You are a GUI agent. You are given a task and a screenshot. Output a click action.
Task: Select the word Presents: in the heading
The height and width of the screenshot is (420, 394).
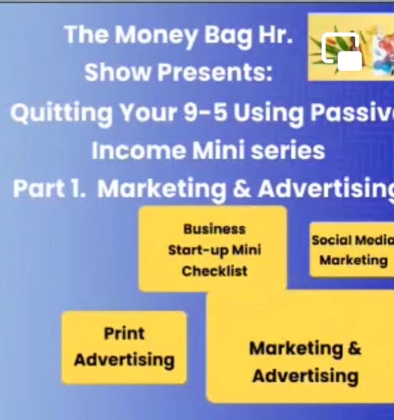click(x=214, y=72)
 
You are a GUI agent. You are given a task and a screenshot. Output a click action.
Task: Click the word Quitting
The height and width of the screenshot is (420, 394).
click(x=62, y=113)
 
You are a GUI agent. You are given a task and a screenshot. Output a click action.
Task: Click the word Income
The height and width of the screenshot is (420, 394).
click(x=138, y=150)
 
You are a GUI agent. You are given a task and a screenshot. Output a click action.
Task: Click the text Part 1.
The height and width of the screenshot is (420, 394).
click(x=49, y=188)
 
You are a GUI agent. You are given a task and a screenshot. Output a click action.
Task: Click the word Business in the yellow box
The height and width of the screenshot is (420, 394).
click(x=214, y=229)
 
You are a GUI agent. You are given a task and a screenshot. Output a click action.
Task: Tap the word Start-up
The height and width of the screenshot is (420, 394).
click(x=198, y=251)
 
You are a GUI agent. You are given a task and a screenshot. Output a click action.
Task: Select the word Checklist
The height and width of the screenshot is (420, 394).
click(x=214, y=271)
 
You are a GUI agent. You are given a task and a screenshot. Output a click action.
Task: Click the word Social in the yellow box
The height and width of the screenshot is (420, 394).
click(x=332, y=240)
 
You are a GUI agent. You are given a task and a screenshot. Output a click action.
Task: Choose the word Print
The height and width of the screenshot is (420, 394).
click(x=124, y=334)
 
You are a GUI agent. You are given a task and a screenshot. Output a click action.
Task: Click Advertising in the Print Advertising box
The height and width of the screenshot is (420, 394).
click(x=124, y=360)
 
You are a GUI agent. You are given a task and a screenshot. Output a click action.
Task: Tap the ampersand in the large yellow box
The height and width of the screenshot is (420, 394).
click(x=354, y=348)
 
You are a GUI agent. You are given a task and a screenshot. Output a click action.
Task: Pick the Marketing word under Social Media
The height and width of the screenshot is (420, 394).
click(x=354, y=261)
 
